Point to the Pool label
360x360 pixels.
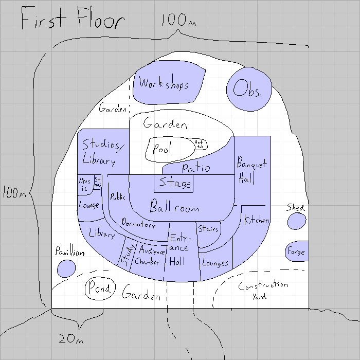(163, 149)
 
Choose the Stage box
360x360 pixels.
(174, 184)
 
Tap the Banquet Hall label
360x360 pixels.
(251, 171)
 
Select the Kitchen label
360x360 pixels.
(256, 220)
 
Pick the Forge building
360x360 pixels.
(296, 252)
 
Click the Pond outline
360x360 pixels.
(99, 289)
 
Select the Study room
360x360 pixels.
(127, 254)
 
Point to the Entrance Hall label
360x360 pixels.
(178, 250)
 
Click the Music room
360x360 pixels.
(84, 185)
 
